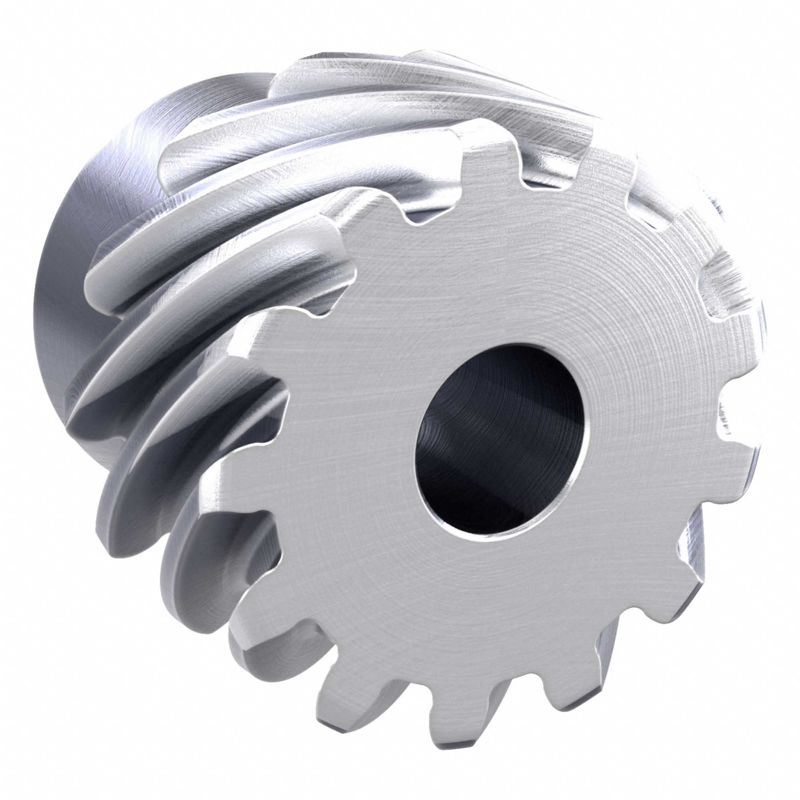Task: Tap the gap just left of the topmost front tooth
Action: [431, 207]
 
